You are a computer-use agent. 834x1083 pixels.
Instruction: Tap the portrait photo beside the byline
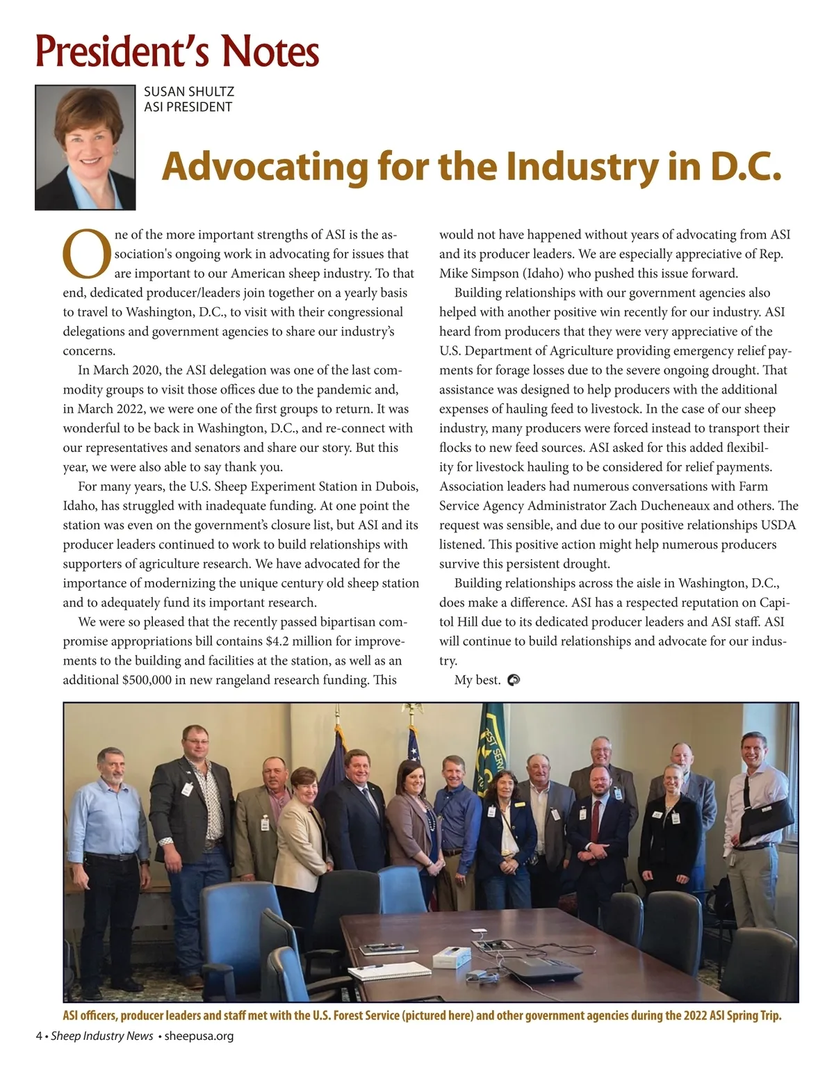tap(85, 147)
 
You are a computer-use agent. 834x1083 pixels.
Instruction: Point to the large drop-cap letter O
tap(87, 253)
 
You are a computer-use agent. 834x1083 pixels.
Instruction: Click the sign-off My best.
tap(477, 680)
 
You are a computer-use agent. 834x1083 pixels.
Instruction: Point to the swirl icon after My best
tap(514, 680)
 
